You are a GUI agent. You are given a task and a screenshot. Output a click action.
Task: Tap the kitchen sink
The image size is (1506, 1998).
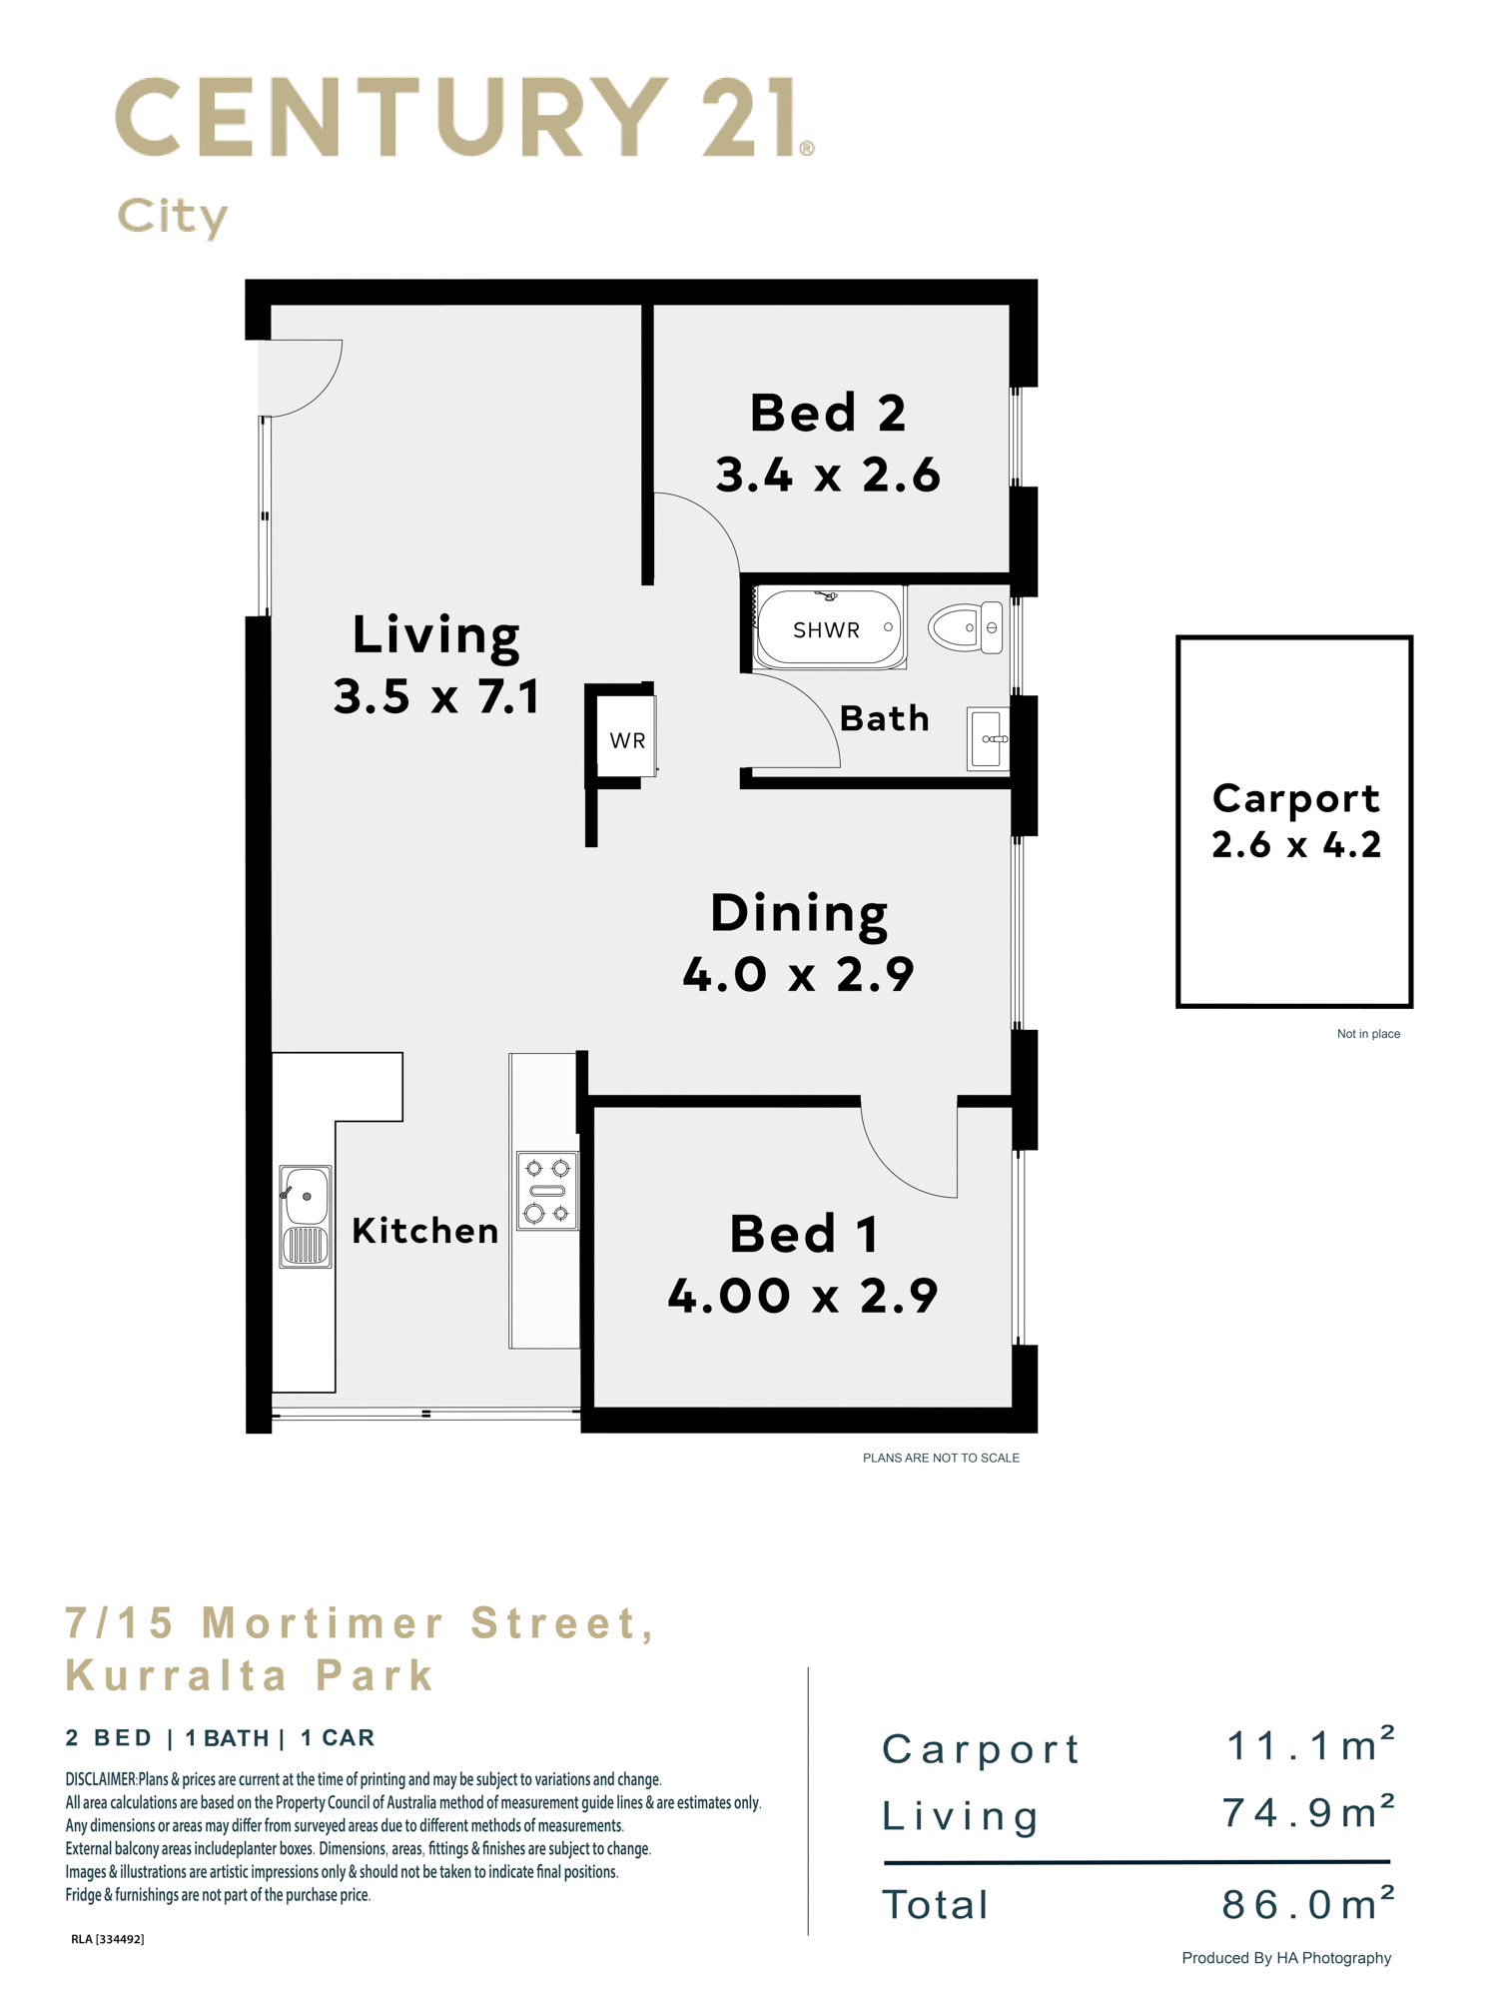pyautogui.click(x=305, y=1216)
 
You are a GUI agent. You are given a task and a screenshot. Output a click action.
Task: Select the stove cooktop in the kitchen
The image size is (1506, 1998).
pyautogui.click(x=547, y=1190)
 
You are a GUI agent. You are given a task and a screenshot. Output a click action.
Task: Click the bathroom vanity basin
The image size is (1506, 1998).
pyautogui.click(x=988, y=738)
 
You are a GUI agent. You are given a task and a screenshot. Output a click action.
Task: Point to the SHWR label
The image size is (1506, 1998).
pyautogui.click(x=826, y=630)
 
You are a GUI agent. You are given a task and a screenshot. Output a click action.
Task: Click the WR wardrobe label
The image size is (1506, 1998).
pyautogui.click(x=627, y=740)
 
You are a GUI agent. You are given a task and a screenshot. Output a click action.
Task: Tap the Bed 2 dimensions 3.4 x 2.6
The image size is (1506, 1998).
pyautogui.click(x=828, y=475)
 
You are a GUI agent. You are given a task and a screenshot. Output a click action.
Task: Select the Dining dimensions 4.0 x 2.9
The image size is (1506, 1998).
pyautogui.click(x=798, y=974)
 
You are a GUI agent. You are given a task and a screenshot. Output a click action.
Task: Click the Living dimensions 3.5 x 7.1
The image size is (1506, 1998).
pyautogui.click(x=436, y=696)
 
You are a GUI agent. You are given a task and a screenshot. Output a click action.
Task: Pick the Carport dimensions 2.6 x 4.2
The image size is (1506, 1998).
pyautogui.click(x=1296, y=845)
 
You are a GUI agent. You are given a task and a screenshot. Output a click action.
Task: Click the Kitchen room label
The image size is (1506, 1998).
pyautogui.click(x=425, y=1231)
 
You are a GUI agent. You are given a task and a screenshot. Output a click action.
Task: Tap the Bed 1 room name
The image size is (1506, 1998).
pyautogui.click(x=804, y=1234)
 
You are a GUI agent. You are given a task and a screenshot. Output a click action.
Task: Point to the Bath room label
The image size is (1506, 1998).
pyautogui.click(x=885, y=718)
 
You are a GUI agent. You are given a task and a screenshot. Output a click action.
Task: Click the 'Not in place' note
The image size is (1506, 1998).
pyautogui.click(x=1368, y=1034)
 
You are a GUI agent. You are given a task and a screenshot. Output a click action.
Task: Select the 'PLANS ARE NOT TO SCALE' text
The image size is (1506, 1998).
pyautogui.click(x=941, y=1458)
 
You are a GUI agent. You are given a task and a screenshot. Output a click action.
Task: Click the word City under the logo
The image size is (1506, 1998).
pyautogui.click(x=173, y=217)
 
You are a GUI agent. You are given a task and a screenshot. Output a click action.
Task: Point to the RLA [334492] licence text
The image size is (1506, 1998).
pyautogui.click(x=108, y=1939)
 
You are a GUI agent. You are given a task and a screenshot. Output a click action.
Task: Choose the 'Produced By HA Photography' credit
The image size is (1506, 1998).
pyautogui.click(x=1286, y=1958)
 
